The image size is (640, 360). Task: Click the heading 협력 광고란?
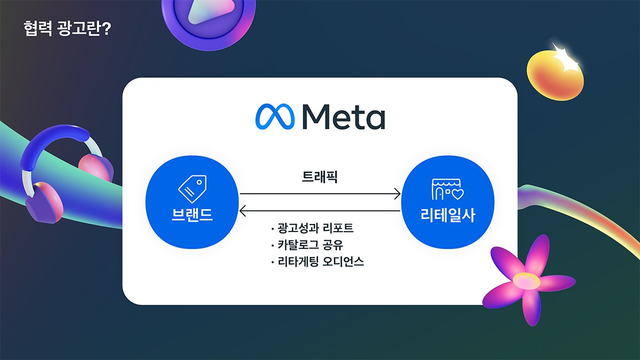pyautogui.click(x=67, y=28)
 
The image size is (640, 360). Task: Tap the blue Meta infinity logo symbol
pyautogui.click(x=275, y=116)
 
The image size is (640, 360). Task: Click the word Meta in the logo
pyautogui.click(x=343, y=117)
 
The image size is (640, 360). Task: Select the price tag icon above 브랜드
pyautogui.click(x=193, y=189)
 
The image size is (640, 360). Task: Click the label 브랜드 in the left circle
pyautogui.click(x=192, y=214)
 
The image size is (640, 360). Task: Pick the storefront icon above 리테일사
pyautogui.click(x=447, y=189)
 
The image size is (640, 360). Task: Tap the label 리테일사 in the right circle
pyautogui.click(x=447, y=215)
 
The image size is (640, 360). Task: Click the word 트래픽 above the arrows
pyautogui.click(x=319, y=177)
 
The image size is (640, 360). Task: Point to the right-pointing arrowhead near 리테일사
pyautogui.click(x=397, y=194)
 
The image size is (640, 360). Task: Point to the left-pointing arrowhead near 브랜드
pyautogui.click(x=243, y=211)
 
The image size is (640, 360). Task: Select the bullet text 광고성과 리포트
pyautogui.click(x=315, y=228)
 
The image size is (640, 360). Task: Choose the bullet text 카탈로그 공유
pyautogui.click(x=310, y=245)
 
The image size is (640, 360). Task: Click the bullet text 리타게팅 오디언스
pyautogui.click(x=321, y=261)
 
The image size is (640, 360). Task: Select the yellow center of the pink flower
pyautogui.click(x=526, y=281)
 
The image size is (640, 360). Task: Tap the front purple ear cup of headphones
pyautogui.click(x=44, y=202)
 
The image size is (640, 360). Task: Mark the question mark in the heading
pyautogui.click(x=106, y=29)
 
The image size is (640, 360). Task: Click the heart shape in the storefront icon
pyautogui.click(x=457, y=194)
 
